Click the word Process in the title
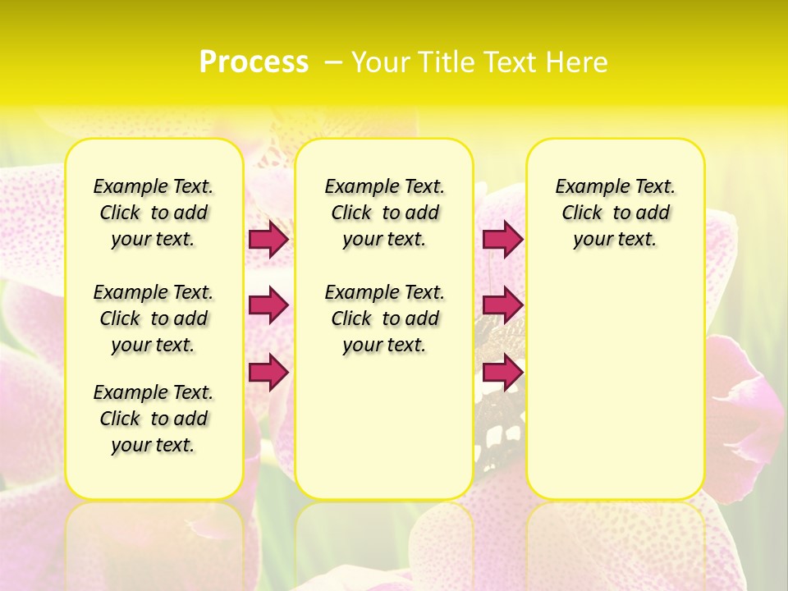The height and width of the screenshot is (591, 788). tap(254, 62)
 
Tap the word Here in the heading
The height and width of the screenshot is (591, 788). tap(580, 62)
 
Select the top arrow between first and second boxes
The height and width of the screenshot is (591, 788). tap(268, 240)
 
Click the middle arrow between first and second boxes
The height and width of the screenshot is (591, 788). tap(268, 305)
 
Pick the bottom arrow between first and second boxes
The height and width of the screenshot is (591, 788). tap(268, 373)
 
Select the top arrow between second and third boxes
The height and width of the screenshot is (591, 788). tap(502, 240)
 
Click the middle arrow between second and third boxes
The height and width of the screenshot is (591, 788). tap(502, 305)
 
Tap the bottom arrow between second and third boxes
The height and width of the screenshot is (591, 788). tap(502, 373)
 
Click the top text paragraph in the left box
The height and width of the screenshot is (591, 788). tap(153, 213)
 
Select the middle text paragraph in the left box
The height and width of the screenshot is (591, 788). tap(153, 318)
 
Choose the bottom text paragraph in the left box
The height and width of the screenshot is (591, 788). tap(153, 419)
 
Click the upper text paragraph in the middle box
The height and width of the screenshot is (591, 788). tap(384, 213)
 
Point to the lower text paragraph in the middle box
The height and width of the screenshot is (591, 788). tap(384, 318)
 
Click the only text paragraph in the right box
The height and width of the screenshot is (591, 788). tap(615, 213)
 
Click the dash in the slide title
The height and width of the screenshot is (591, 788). tap(333, 62)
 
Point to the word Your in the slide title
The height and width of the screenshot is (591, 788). tap(379, 62)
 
